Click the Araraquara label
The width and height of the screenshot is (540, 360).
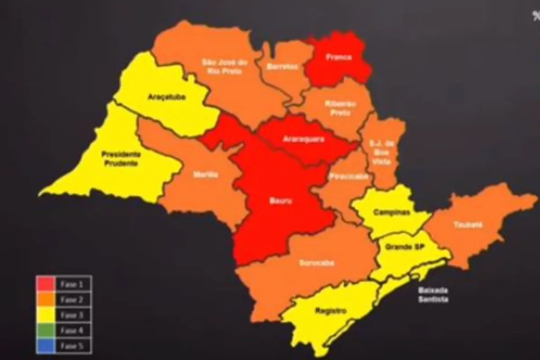(x=303, y=139)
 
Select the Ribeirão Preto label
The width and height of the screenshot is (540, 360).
(x=340, y=108)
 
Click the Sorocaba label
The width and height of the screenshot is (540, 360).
(x=316, y=263)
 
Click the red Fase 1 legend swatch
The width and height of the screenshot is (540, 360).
(x=45, y=284)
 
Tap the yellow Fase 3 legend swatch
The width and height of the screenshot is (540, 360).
(x=45, y=315)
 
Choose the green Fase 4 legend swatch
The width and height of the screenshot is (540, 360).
(x=45, y=331)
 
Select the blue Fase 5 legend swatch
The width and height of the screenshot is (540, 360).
(x=45, y=346)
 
